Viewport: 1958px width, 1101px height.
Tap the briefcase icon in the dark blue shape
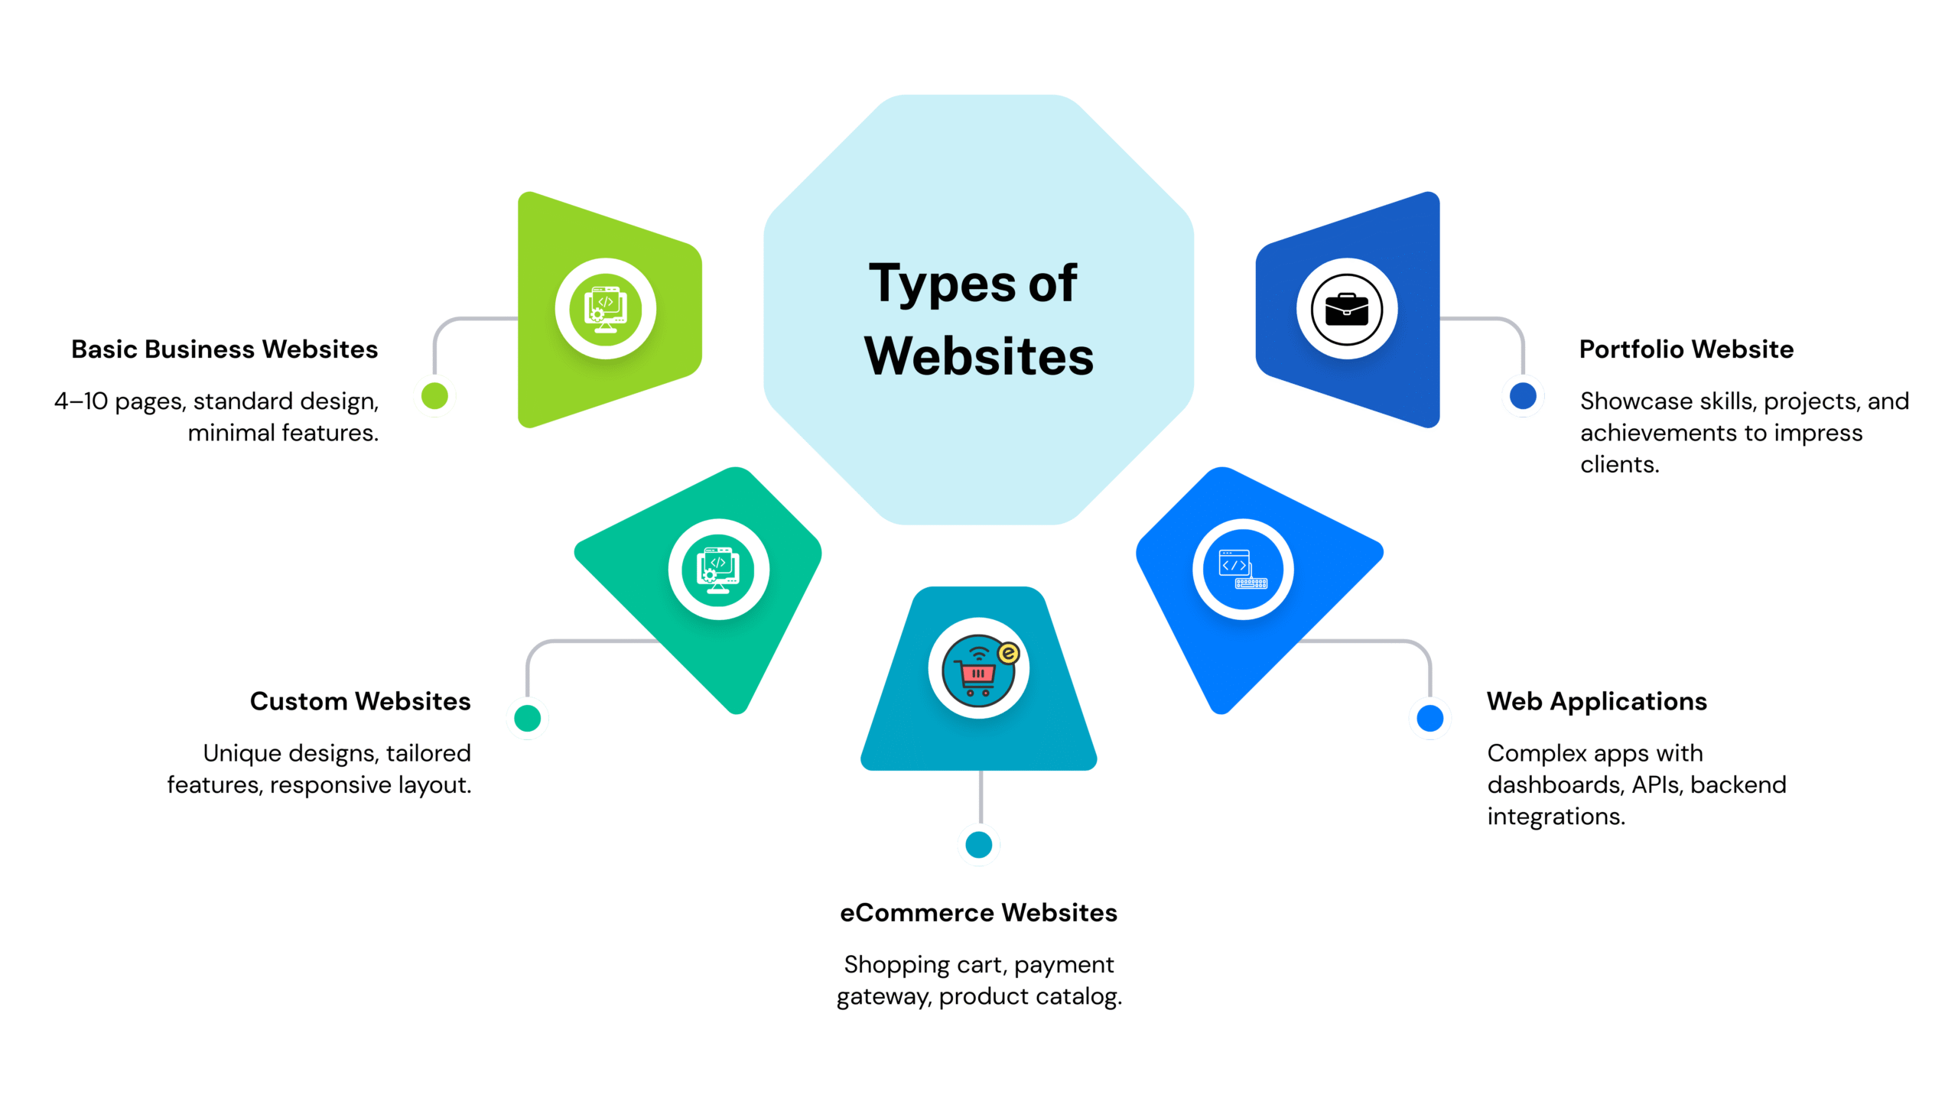[1346, 309]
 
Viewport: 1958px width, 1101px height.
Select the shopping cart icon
[978, 668]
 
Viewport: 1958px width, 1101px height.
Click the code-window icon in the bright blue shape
[1243, 570]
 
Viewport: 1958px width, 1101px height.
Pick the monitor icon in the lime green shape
[605, 309]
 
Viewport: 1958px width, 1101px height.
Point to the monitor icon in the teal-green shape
[717, 570]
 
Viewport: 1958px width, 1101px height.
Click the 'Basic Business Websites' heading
[224, 349]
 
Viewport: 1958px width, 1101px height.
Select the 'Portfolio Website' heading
[1686, 349]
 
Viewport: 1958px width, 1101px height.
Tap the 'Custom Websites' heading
[359, 701]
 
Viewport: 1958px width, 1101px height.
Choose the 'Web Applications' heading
[1596, 701]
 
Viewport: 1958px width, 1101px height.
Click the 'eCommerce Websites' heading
[978, 912]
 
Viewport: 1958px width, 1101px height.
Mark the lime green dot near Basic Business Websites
[434, 396]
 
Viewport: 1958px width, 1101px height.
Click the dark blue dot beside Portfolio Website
[1522, 396]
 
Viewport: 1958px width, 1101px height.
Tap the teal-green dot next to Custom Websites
[527, 718]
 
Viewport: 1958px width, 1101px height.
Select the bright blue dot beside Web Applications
[1429, 718]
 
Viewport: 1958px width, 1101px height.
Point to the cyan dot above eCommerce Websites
[978, 844]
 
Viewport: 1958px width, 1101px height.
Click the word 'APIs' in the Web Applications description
[1657, 785]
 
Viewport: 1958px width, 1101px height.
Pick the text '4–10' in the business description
[80, 401]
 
